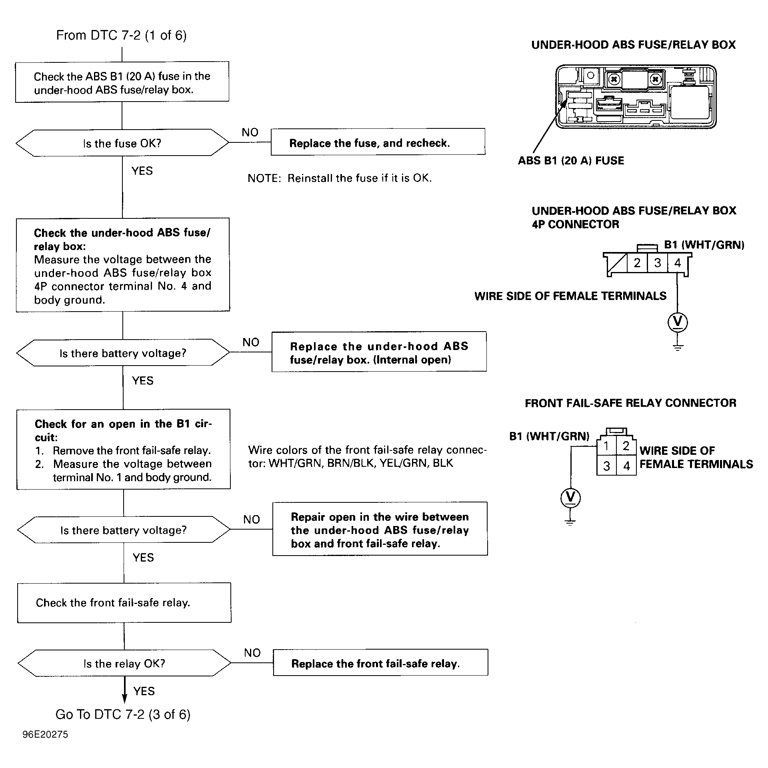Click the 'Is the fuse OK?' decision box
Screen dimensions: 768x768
pyautogui.click(x=122, y=143)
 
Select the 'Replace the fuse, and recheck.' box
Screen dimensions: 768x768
pyautogui.click(x=378, y=142)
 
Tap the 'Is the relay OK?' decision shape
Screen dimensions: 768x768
pyautogui.click(x=124, y=663)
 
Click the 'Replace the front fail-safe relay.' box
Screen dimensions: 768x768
pyautogui.click(x=380, y=662)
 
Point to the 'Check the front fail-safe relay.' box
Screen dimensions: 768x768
pyautogui.click(x=124, y=602)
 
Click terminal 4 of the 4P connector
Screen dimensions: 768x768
pyautogui.click(x=677, y=263)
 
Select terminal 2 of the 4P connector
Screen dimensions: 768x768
pyautogui.click(x=637, y=263)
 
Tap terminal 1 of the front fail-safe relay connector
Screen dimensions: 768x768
pyautogui.click(x=606, y=446)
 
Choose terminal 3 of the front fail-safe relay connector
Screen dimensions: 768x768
pyautogui.click(x=606, y=466)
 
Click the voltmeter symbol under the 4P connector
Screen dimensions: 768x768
pyautogui.click(x=678, y=322)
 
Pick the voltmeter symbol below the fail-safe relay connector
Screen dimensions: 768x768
pyautogui.click(x=570, y=498)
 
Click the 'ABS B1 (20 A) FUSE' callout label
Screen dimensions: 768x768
pyautogui.click(x=571, y=161)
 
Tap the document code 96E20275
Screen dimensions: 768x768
pyautogui.click(x=45, y=735)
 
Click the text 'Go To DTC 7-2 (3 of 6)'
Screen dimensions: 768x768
pyautogui.click(x=123, y=714)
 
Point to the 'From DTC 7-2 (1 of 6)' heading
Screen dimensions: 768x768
pyautogui.click(x=121, y=35)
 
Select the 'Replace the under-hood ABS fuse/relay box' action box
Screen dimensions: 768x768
pyautogui.click(x=379, y=352)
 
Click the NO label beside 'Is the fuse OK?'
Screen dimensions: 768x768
pyautogui.click(x=250, y=132)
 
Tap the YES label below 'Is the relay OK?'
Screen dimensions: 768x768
pyautogui.click(x=144, y=691)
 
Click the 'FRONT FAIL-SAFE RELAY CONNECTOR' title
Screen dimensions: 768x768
pyautogui.click(x=630, y=403)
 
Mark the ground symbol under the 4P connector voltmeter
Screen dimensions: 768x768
pyautogui.click(x=678, y=347)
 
